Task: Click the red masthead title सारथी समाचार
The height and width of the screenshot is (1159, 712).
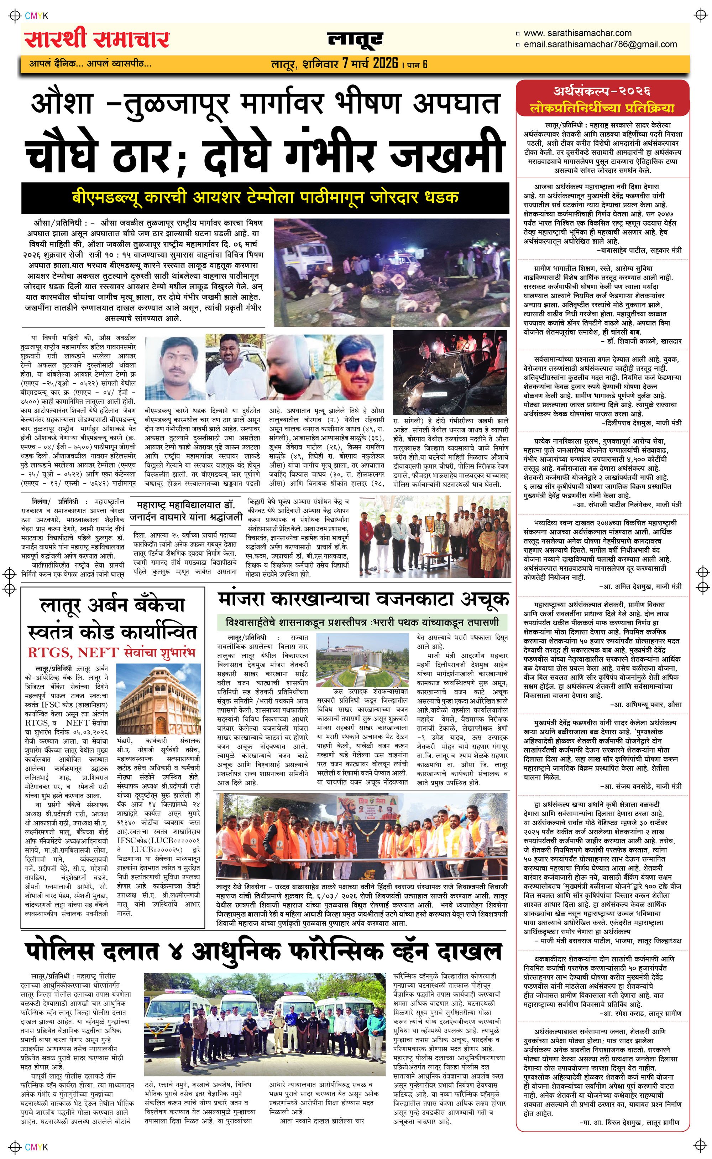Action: point(96,40)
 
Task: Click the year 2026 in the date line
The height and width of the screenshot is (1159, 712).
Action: point(385,63)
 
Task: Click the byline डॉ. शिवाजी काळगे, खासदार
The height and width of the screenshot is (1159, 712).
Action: point(643,341)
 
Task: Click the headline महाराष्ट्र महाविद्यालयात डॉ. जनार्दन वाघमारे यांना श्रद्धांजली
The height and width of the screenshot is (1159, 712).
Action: point(185,511)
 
